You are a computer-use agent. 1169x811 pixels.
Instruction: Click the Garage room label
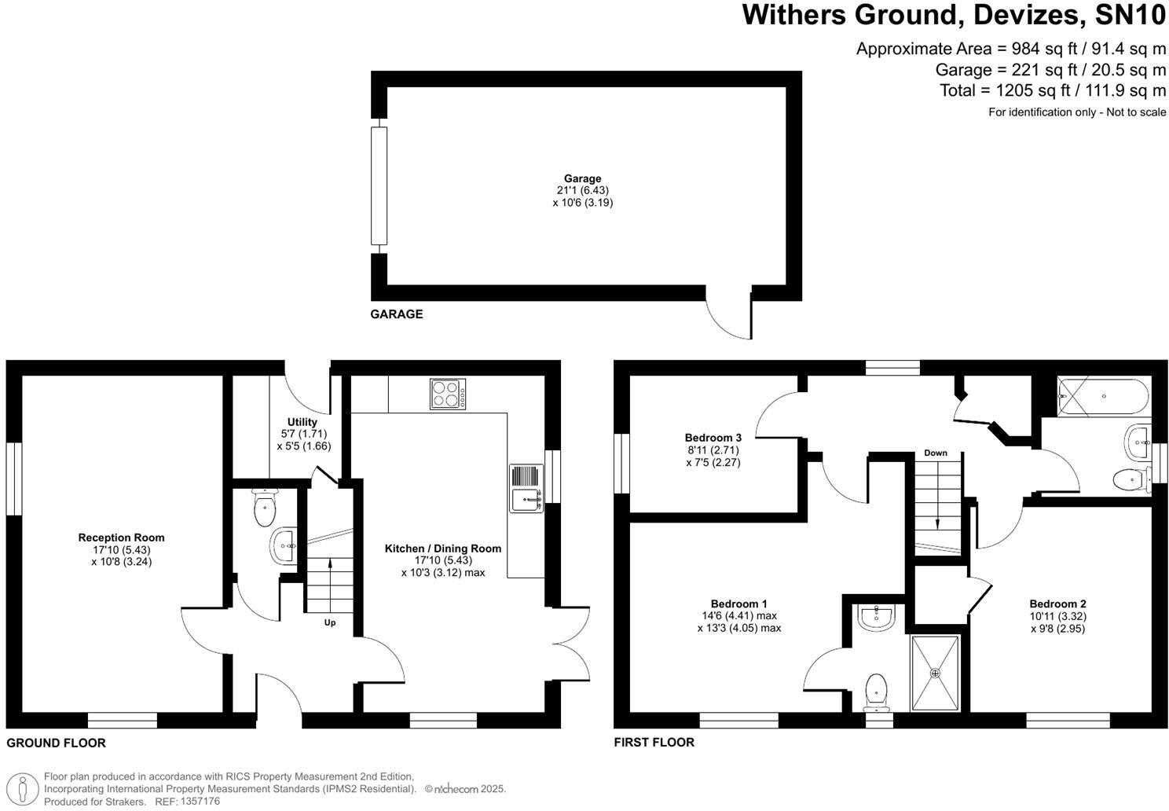(x=582, y=178)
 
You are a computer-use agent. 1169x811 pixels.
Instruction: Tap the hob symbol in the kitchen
(x=448, y=394)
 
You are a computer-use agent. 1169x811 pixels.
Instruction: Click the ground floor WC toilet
(x=266, y=508)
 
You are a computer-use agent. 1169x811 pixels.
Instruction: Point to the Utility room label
(x=302, y=422)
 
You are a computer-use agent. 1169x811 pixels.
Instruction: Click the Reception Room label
(x=121, y=538)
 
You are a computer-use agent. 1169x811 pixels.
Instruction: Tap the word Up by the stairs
(x=330, y=622)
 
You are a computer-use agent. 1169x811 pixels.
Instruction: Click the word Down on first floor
(x=935, y=453)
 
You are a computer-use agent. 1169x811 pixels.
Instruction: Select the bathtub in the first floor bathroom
(x=1105, y=396)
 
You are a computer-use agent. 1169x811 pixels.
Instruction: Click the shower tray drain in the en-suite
(x=935, y=673)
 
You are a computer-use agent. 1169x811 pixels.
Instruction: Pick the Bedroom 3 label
(x=713, y=438)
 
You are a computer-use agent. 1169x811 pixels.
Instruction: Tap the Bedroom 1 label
(x=738, y=604)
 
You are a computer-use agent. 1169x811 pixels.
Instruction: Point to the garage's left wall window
(x=379, y=186)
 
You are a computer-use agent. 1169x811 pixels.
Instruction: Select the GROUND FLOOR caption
(x=56, y=743)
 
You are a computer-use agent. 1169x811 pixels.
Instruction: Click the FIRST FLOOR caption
(x=654, y=742)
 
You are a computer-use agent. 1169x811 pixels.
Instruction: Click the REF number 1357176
(x=200, y=802)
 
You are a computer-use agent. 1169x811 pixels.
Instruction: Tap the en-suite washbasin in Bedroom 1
(x=876, y=618)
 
